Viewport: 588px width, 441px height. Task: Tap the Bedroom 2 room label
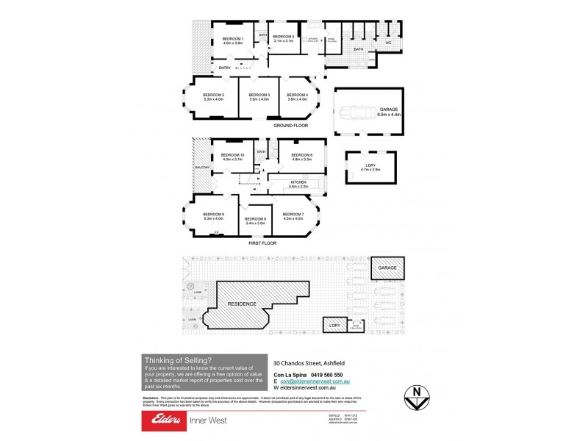(213, 97)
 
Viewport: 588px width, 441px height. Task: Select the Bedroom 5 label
(283, 38)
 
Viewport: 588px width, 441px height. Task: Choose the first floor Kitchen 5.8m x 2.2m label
(298, 184)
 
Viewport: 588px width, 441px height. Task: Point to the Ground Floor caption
(290, 126)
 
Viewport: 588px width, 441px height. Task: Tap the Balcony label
(202, 168)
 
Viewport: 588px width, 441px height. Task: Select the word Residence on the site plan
(241, 303)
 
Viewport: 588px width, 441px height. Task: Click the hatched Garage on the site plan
(387, 268)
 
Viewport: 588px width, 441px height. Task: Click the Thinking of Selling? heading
(177, 359)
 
